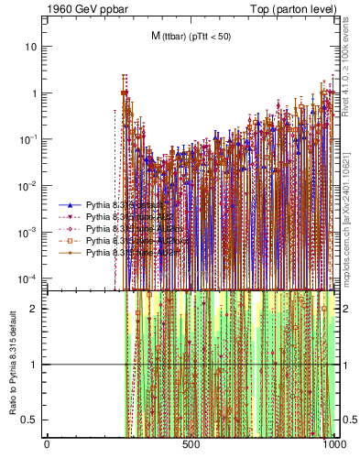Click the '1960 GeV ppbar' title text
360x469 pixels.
point(83,8)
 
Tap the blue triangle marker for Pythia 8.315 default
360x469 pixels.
point(69,205)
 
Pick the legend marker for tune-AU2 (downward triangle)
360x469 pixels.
point(69,217)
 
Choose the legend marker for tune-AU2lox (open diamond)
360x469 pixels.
point(69,228)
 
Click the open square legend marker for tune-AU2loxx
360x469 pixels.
point(69,240)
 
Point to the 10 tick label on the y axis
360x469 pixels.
point(32,47)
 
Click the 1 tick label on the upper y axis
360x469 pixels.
point(35,93)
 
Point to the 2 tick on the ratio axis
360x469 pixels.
point(36,309)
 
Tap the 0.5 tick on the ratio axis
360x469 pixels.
point(32,420)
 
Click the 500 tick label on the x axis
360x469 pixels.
point(191,444)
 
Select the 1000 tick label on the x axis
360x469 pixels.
point(334,444)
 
